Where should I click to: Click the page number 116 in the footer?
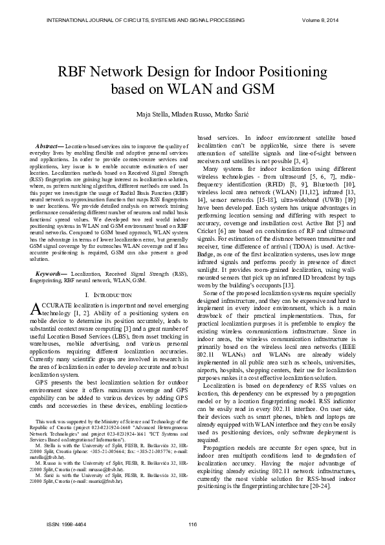point(192,524)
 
